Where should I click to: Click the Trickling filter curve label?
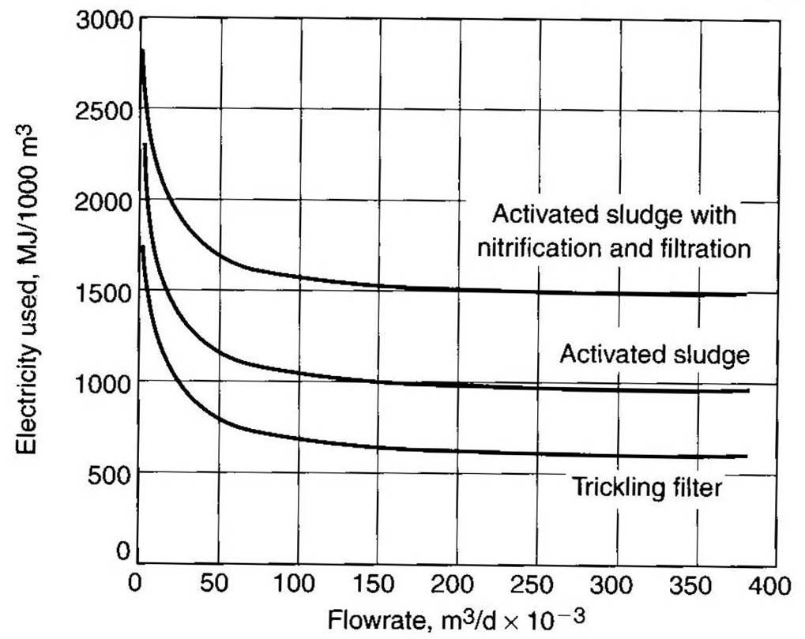645,487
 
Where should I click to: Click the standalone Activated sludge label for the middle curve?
654,355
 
